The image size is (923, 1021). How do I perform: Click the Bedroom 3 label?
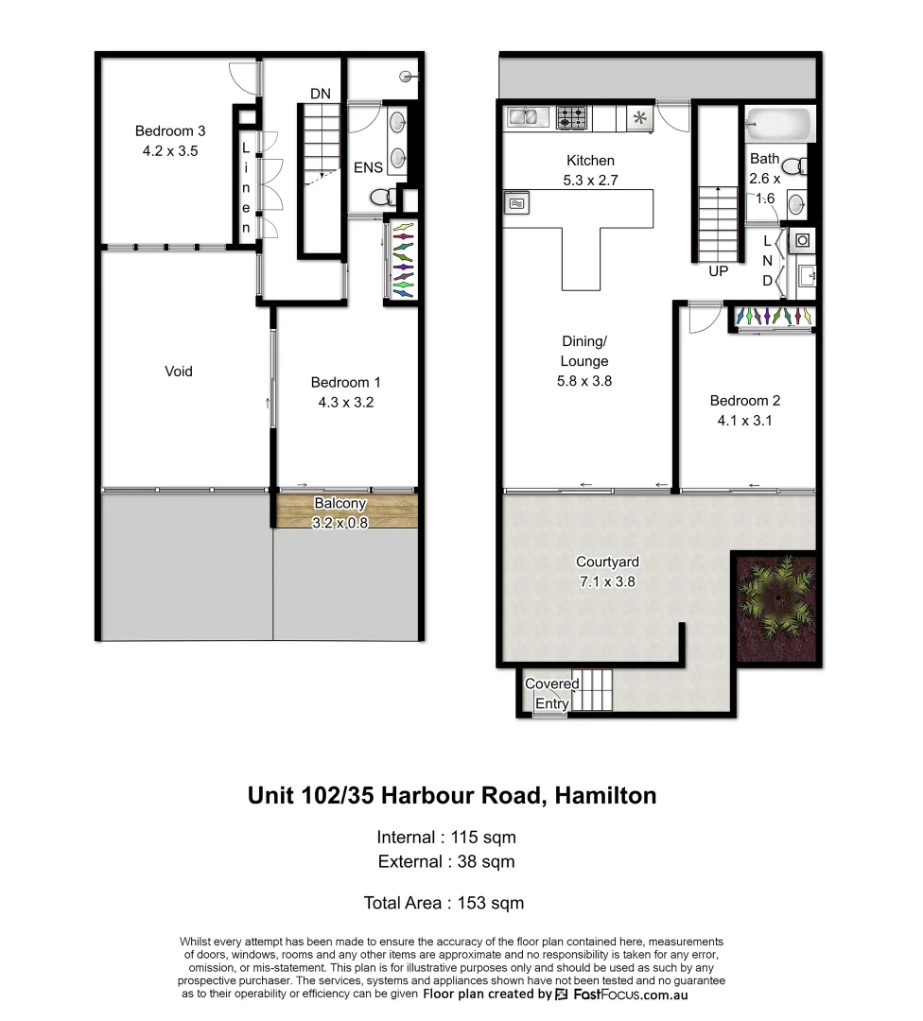pyautogui.click(x=169, y=131)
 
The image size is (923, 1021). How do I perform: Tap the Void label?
pyautogui.click(x=178, y=372)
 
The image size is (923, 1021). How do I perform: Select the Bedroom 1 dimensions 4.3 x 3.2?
pyautogui.click(x=345, y=402)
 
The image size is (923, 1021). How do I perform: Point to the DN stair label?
pyautogui.click(x=320, y=93)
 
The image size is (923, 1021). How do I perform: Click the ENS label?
pyautogui.click(x=368, y=167)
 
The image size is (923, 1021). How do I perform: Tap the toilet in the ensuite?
pyautogui.click(x=383, y=198)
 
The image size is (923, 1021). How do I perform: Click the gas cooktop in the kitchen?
pyautogui.click(x=572, y=117)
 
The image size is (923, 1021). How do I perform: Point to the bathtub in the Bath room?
pyautogui.click(x=777, y=124)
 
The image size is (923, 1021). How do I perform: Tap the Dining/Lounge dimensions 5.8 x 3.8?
pyautogui.click(x=583, y=381)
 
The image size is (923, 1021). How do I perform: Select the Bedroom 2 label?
pyautogui.click(x=745, y=401)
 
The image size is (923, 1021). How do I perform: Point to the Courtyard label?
pyautogui.click(x=605, y=562)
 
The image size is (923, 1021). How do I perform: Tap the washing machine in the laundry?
pyautogui.click(x=801, y=240)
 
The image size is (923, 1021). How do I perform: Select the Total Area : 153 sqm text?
pyautogui.click(x=444, y=903)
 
